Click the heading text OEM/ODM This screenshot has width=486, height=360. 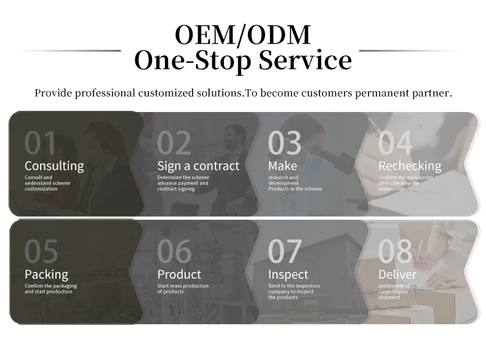(243, 34)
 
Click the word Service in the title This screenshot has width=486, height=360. (305, 60)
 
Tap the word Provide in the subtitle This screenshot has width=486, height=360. (54, 93)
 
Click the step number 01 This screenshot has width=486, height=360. (40, 143)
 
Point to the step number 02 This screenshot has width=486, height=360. (174, 143)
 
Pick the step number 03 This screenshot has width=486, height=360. (285, 143)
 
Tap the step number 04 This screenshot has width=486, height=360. (395, 143)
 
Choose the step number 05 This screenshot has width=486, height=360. (41, 251)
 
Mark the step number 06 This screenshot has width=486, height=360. (174, 251)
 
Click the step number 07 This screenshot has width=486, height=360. (285, 251)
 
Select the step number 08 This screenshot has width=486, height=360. (396, 251)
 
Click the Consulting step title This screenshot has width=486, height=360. (54, 166)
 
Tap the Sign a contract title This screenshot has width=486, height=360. (198, 166)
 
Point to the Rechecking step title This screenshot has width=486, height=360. (410, 166)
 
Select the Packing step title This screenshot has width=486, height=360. (47, 274)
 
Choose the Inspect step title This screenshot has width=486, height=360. (289, 274)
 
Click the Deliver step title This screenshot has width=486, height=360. (397, 274)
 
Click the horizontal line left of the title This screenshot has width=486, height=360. (66, 50)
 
